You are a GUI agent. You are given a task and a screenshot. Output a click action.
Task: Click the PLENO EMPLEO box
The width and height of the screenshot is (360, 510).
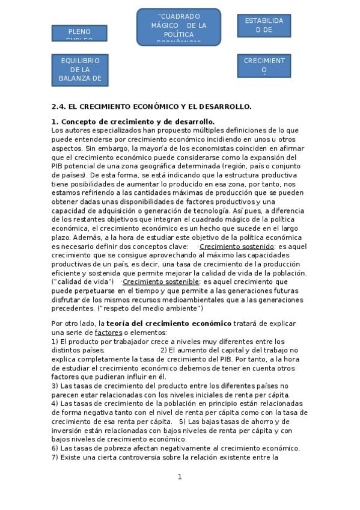coord(79,33)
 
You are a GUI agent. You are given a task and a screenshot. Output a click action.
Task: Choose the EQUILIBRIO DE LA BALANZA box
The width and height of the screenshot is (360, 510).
coord(79,69)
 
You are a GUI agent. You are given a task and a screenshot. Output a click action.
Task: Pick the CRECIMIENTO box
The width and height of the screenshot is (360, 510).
coord(264,66)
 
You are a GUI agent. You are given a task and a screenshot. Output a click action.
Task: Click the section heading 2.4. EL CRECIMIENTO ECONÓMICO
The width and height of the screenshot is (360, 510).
coord(151,106)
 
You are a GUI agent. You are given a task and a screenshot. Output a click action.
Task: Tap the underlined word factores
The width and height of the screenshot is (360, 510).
coord(109,333)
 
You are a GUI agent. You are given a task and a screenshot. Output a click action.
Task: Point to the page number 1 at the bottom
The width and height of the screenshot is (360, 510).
coord(179,477)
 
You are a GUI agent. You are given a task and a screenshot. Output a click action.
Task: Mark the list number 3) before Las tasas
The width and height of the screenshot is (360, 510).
coord(55,386)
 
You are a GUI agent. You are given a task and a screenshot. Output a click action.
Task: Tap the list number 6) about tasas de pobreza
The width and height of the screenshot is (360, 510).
coord(55,448)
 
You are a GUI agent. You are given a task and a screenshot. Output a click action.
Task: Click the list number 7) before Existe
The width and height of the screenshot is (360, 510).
coord(55,457)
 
